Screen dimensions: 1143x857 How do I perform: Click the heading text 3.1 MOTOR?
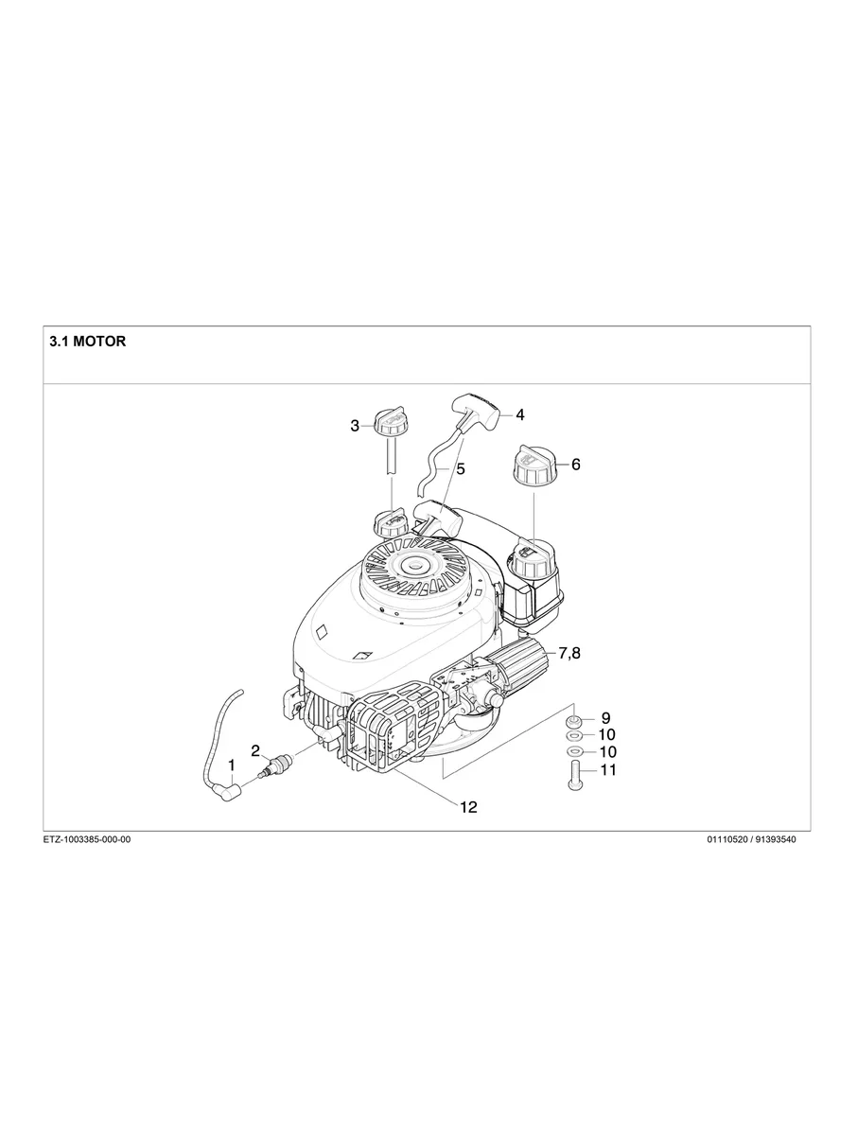click(87, 342)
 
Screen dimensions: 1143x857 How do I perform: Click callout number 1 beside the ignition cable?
click(230, 763)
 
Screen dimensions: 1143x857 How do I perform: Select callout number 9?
click(605, 717)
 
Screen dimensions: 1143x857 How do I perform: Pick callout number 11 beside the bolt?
click(607, 770)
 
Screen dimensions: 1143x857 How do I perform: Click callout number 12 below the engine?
click(468, 807)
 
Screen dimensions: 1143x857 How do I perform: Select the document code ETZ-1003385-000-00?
click(87, 839)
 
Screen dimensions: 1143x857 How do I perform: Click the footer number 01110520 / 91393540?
click(751, 839)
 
